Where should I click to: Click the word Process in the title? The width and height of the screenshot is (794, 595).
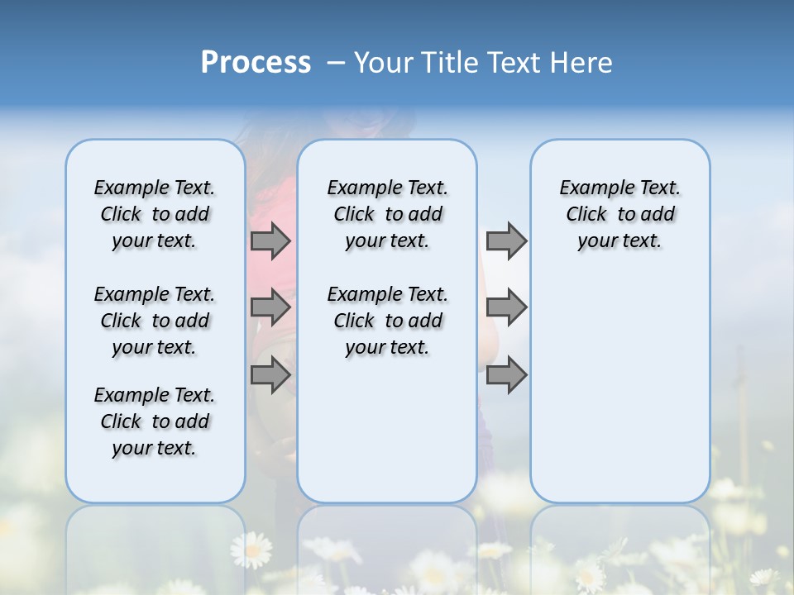coord(256,63)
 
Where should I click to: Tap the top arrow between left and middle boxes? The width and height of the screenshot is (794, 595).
coord(270,240)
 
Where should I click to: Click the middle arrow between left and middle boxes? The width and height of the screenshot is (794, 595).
coord(270,308)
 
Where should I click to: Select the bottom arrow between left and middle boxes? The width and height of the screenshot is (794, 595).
coord(270,375)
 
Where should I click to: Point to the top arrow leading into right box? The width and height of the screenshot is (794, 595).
coord(506,240)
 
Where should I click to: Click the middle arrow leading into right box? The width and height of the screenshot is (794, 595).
coord(506,307)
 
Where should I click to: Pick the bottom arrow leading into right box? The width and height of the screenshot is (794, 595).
coord(506,375)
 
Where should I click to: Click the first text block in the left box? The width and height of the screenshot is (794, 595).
coord(155,214)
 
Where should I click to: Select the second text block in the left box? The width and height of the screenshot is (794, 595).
coord(155,321)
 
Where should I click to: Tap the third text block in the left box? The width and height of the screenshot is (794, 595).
coord(155,421)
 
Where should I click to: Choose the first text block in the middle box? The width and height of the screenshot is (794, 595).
coord(387,214)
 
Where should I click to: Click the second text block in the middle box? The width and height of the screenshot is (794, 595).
coord(387,321)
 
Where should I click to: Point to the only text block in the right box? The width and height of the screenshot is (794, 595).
coord(619,214)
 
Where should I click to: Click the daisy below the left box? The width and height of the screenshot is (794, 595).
coord(251,549)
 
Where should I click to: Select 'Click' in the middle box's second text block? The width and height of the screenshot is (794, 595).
coord(354,321)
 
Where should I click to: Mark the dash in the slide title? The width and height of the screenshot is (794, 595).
coord(336,64)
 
